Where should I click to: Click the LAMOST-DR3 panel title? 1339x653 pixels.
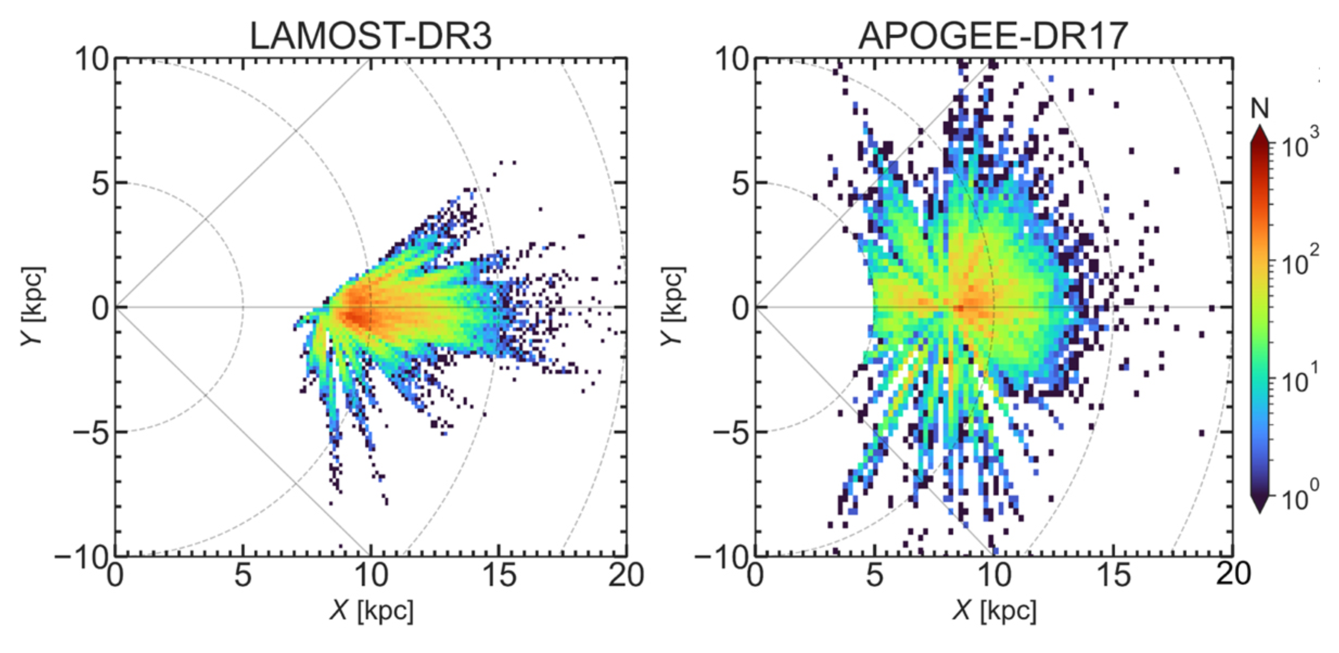(371, 36)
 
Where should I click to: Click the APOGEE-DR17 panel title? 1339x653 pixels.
(993, 36)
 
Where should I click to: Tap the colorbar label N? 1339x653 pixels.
(1260, 109)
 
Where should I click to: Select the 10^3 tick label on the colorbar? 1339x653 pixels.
(1299, 142)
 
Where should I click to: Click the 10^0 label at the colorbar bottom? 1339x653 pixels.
(1299, 496)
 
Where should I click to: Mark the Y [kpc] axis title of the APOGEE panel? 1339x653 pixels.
(673, 306)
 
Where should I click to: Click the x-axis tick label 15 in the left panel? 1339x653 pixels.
(499, 576)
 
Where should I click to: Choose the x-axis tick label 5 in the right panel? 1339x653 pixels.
(874, 576)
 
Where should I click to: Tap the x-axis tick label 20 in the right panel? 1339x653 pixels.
(1233, 575)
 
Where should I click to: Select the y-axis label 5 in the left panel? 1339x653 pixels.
(101, 184)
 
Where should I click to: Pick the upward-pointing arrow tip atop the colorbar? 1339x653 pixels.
(1260, 129)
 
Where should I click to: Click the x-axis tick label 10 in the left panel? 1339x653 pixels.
(371, 576)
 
